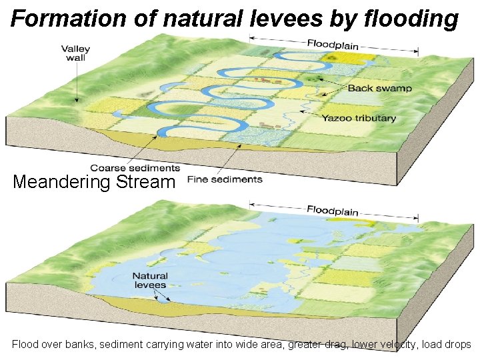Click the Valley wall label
coord(76,53)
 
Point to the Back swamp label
coord(379,88)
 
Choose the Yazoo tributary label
coord(359,118)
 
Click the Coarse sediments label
coord(135,168)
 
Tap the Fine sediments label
coord(225,179)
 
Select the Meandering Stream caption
coord(94,181)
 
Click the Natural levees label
coord(149,281)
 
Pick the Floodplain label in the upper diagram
coord(333,45)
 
